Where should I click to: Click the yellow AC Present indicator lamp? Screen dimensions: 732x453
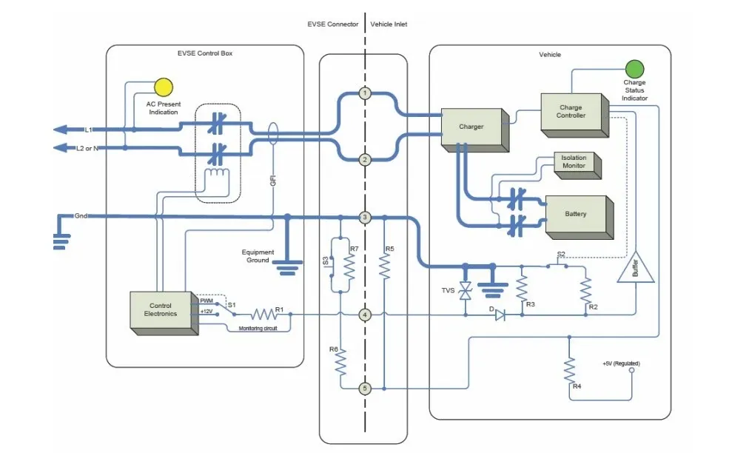tap(164, 87)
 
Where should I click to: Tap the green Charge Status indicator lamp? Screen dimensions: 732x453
tap(634, 69)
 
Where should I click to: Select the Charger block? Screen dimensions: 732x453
tap(474, 130)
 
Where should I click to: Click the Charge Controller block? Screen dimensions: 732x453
tap(574, 115)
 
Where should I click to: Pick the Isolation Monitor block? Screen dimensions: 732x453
tap(577, 165)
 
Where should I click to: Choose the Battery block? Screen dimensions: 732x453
tap(580, 217)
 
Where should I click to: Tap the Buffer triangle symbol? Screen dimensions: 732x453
tap(635, 268)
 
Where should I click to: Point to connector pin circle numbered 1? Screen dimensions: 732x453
tap(365, 93)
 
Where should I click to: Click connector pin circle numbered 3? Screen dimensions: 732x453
tap(365, 217)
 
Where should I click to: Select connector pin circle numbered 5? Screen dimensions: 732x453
tap(365, 388)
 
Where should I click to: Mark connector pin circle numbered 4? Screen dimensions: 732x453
tap(365, 315)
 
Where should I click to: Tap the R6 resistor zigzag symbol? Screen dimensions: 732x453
tap(340, 361)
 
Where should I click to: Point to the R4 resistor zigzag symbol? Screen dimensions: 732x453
tap(569, 371)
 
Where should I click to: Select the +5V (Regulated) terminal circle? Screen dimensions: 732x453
tap(631, 370)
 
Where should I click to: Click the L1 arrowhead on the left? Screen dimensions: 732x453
tap(60, 130)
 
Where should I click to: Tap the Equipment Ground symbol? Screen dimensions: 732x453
tap(288, 267)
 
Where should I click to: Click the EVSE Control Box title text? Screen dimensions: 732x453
tap(205, 53)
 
